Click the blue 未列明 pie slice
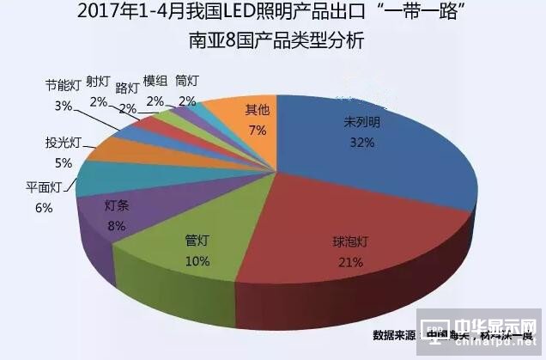point(386,163)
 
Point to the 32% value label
point(360,143)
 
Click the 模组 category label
point(155,81)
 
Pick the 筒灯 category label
point(186,81)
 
